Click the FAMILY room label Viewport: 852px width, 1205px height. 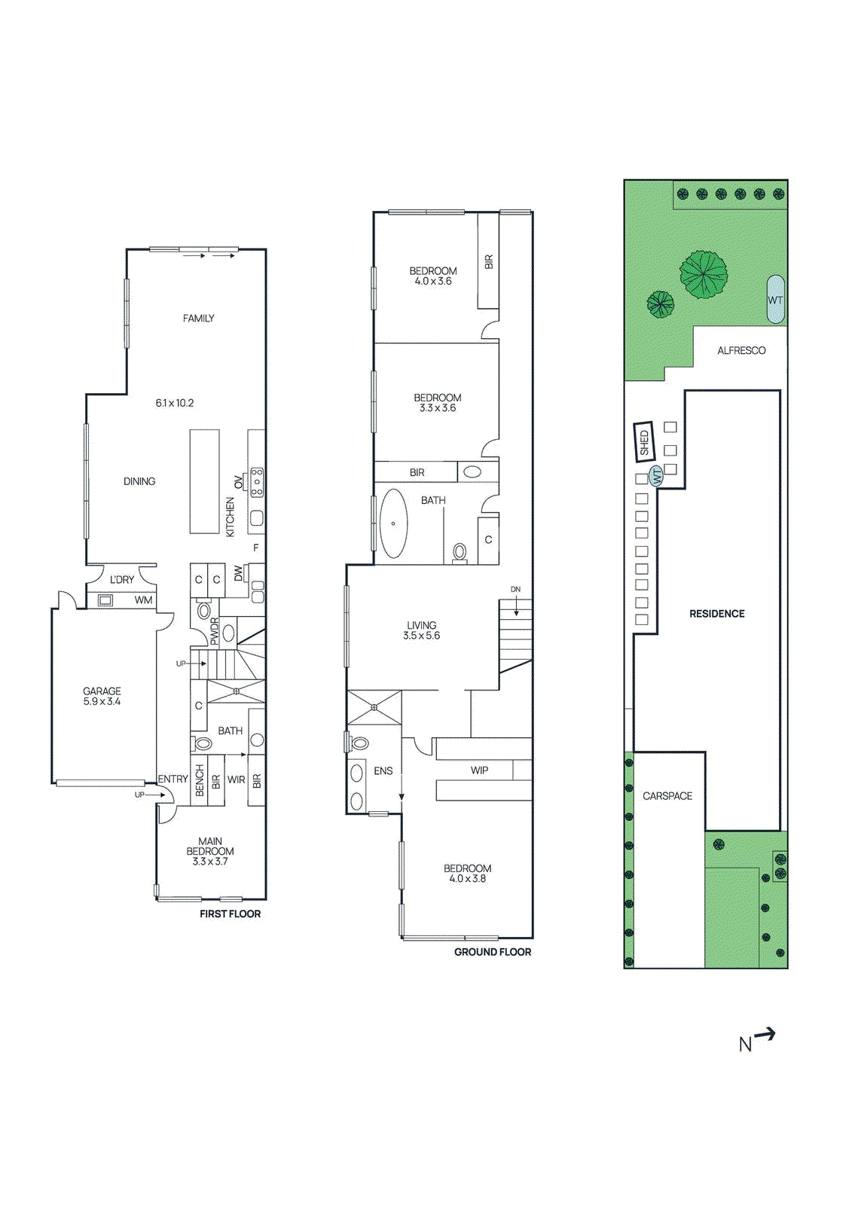tap(198, 319)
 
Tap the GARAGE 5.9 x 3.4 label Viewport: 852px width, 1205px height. tap(102, 696)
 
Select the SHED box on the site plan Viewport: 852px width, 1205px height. tap(643, 441)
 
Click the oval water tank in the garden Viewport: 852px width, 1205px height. tap(775, 299)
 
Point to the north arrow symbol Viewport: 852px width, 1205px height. tap(757, 1040)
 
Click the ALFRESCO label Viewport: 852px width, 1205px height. tap(741, 351)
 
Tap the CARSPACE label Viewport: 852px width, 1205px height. tap(667, 796)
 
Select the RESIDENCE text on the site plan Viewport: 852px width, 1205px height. tap(716, 614)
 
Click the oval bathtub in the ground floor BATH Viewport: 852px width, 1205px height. tap(393, 523)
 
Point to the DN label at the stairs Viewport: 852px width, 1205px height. tap(515, 590)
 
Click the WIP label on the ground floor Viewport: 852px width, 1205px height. tap(479, 770)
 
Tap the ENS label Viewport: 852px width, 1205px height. tap(383, 771)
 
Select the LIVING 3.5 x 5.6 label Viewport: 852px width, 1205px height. tap(421, 630)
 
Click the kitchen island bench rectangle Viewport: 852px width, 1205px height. tap(204, 481)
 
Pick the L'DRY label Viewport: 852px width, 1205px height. tap(121, 580)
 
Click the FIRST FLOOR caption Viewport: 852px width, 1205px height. tap(230, 914)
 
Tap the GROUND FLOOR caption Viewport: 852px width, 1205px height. tap(492, 952)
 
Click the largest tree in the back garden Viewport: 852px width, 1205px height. tap(704, 274)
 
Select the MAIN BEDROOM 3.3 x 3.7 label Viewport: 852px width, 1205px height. tap(210, 851)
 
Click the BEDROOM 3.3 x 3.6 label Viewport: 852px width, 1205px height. tap(437, 403)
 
